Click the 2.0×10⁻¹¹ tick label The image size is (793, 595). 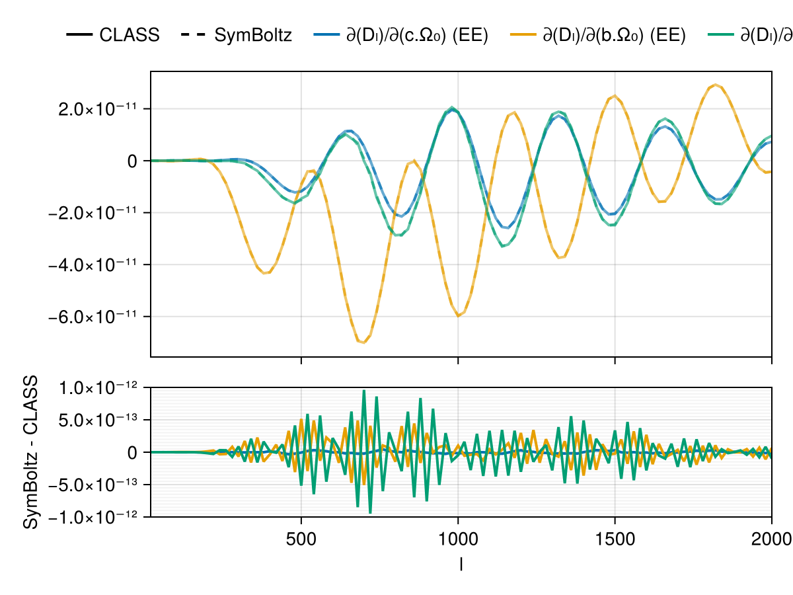pyautogui.click(x=96, y=109)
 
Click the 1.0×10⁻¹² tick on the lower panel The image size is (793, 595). pyautogui.click(x=96, y=387)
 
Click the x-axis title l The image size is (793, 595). pyautogui.click(x=461, y=563)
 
